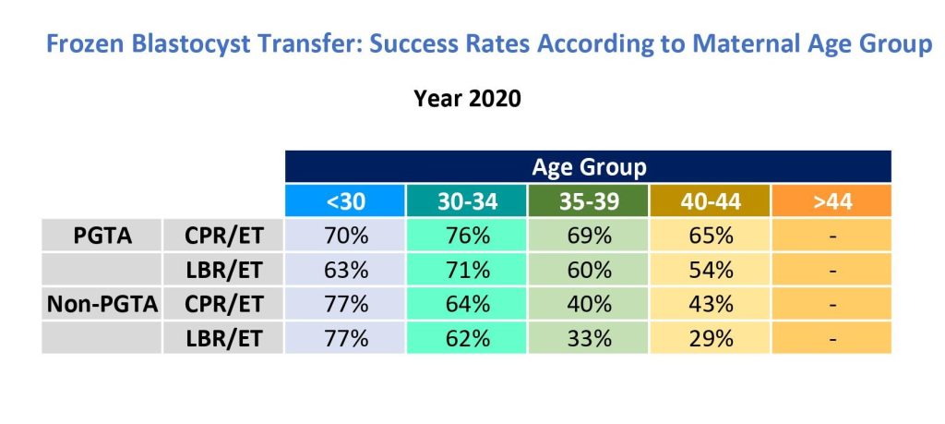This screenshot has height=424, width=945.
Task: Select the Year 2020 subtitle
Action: tap(467, 99)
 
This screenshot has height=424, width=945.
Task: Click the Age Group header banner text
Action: tap(589, 167)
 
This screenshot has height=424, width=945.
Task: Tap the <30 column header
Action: tap(345, 201)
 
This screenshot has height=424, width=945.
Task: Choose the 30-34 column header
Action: tap(467, 201)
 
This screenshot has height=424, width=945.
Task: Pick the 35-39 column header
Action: tap(589, 201)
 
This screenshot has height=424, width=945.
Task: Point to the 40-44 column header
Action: tap(710, 201)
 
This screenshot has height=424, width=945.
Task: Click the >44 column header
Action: tap(832, 201)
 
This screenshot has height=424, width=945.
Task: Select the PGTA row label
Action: tap(102, 236)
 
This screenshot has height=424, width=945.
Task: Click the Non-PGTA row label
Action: tap(102, 304)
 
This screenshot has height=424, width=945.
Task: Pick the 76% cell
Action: tap(467, 236)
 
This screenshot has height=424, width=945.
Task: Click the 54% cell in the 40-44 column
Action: tap(710, 270)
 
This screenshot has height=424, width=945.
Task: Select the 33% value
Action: tap(589, 338)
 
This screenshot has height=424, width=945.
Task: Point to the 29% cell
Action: tap(710, 338)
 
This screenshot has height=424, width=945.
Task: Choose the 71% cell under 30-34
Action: tap(467, 270)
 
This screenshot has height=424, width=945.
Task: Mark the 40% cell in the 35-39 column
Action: tap(589, 304)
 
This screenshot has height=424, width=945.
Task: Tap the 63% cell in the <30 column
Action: tap(345, 270)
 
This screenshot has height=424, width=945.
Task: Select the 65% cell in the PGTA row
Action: tap(710, 236)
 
